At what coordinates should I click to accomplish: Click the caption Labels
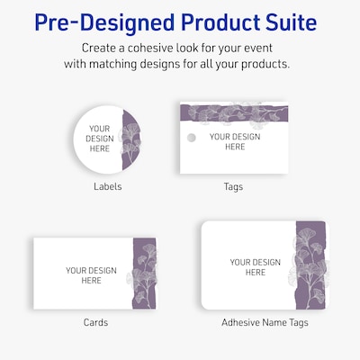[107, 187]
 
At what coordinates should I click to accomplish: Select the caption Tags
[233, 187]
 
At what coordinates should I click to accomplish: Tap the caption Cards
[95, 322]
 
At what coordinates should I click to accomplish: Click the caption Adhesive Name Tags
[256, 322]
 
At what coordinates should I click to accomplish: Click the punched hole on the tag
[190, 138]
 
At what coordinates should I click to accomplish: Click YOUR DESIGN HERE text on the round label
[100, 139]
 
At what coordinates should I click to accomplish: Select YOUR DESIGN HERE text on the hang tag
[234, 141]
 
